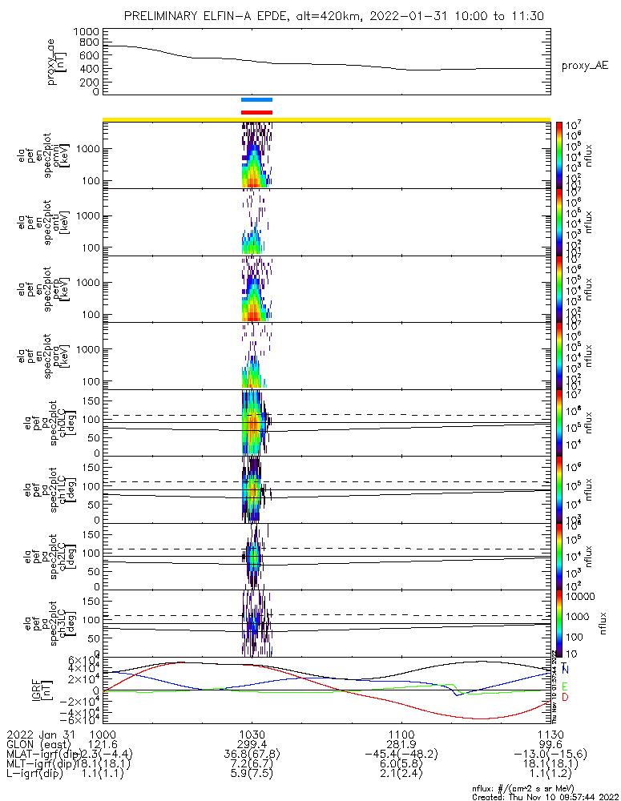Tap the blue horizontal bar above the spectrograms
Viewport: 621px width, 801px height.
click(x=256, y=100)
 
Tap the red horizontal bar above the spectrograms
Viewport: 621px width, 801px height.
click(x=256, y=112)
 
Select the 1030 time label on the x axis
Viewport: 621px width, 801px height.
click(x=252, y=734)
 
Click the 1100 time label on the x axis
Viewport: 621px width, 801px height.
click(x=401, y=734)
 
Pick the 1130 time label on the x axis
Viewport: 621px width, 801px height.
click(x=550, y=734)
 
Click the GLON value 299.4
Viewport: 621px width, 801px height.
click(x=252, y=744)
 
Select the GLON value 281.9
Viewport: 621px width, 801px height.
click(x=401, y=744)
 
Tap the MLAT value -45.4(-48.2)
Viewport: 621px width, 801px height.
click(x=401, y=755)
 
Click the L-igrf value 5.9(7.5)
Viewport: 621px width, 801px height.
click(x=252, y=775)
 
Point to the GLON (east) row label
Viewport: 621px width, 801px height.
click(x=40, y=744)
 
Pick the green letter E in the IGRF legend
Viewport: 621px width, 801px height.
click(x=565, y=686)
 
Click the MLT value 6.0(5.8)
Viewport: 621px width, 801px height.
click(x=401, y=765)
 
